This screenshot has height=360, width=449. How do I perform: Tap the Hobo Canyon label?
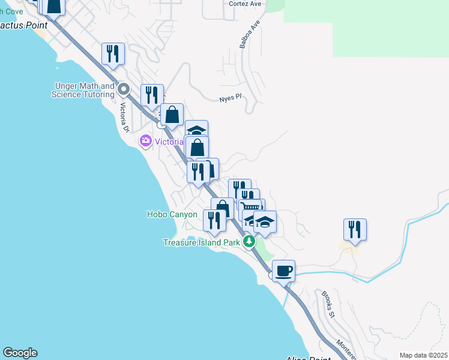(172, 214)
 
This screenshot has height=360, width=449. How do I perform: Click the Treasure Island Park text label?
(202, 243)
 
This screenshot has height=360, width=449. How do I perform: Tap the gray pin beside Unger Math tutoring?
(124, 90)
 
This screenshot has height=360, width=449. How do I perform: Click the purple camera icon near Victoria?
(145, 142)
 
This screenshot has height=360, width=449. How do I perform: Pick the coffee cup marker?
(283, 270)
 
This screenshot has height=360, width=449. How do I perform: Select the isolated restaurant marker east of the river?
(355, 229)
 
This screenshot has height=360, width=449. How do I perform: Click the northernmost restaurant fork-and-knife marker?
(113, 53)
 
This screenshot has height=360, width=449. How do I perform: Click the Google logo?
(20, 353)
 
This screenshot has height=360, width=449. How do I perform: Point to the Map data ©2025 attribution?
(423, 355)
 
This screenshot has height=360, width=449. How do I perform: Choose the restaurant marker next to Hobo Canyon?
(214, 220)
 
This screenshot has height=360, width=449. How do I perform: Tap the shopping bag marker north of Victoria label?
(172, 115)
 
